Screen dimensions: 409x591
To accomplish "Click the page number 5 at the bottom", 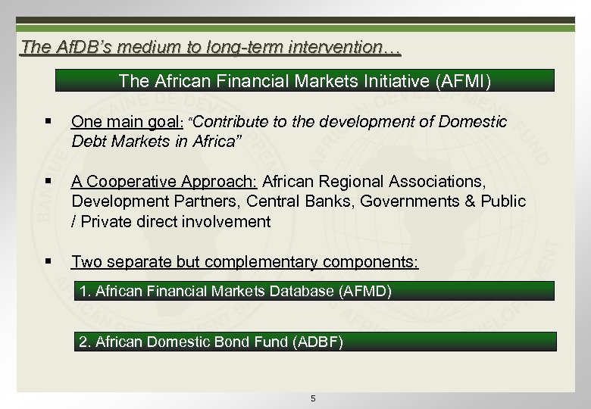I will click(x=313, y=398).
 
